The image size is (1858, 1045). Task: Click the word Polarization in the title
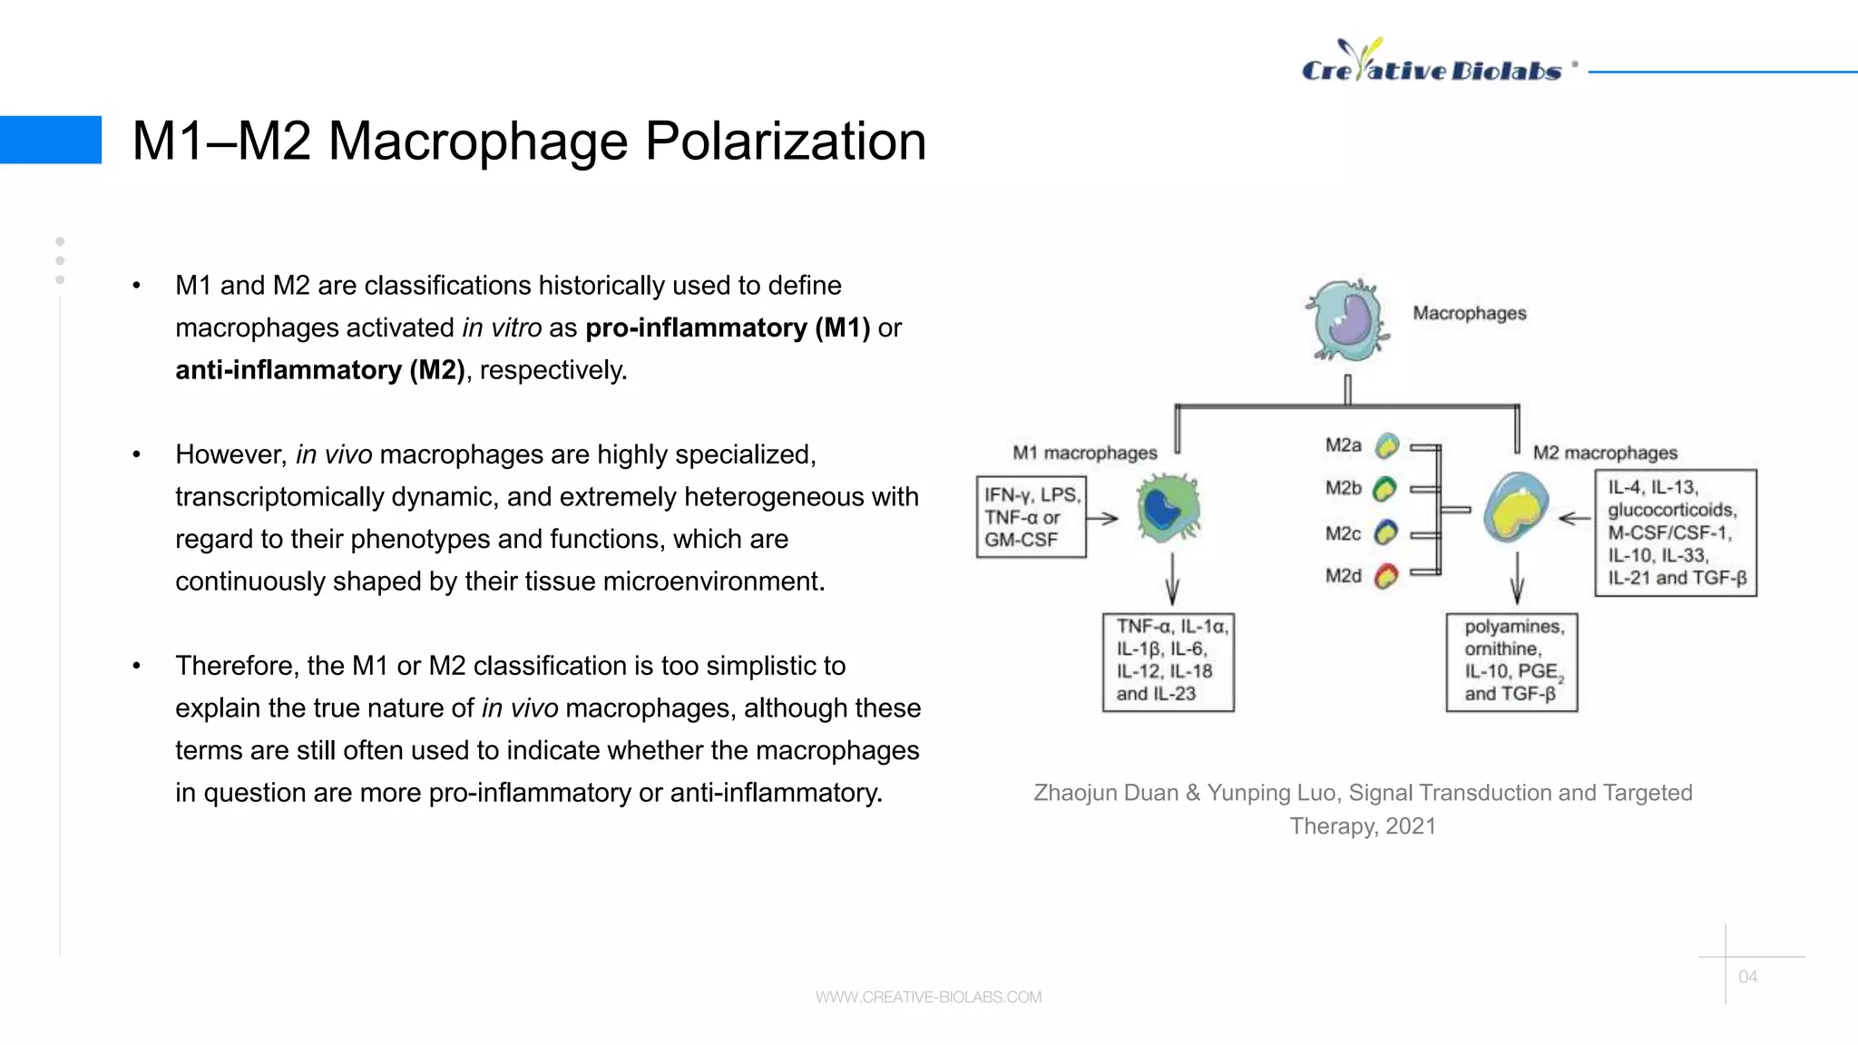[785, 142]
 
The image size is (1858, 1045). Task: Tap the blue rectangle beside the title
[51, 140]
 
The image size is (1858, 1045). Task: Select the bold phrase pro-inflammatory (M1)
[728, 328]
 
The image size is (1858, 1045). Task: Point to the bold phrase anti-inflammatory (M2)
[319, 370]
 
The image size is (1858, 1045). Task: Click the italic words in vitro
[502, 328]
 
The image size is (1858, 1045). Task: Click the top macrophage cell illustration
[1347, 320]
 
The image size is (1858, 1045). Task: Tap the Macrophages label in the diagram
[1469, 313]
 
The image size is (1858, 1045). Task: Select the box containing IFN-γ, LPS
[1032, 517]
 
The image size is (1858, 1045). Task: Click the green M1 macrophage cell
[1169, 510]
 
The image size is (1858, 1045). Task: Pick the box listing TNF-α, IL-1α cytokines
[1169, 661]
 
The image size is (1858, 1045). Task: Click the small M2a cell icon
[1386, 445]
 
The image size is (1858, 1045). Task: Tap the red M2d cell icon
[1385, 576]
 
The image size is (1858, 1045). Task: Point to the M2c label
[1343, 533]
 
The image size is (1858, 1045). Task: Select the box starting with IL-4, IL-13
[1676, 532]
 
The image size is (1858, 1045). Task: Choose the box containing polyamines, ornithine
[1511, 661]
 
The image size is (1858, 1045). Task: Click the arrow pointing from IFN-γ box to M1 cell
[1102, 519]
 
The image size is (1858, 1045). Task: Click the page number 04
[1747, 977]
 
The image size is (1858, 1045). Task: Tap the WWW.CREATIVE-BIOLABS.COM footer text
[928, 997]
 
